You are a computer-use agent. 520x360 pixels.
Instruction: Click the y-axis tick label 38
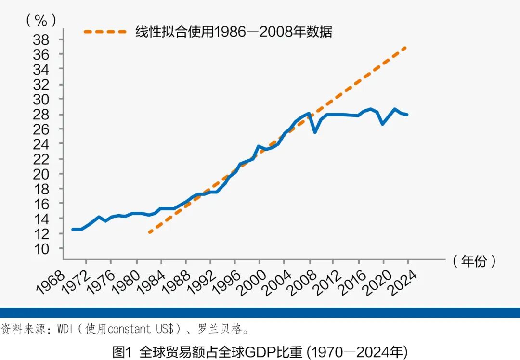click(x=41, y=39)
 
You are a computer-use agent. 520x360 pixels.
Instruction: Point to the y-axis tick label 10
click(x=41, y=249)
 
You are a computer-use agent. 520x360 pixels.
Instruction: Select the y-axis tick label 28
click(x=41, y=115)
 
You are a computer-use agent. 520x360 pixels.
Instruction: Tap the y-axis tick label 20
click(x=41, y=174)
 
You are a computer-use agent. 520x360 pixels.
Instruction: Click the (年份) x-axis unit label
click(x=474, y=261)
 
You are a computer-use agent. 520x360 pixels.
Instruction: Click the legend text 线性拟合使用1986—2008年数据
click(x=234, y=32)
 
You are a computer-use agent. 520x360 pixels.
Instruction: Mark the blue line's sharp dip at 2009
click(x=315, y=132)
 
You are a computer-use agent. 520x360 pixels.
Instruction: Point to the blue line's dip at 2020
click(x=383, y=124)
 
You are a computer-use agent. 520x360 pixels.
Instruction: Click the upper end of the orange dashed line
click(x=407, y=47)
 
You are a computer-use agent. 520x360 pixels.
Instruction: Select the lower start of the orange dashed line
click(x=150, y=232)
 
